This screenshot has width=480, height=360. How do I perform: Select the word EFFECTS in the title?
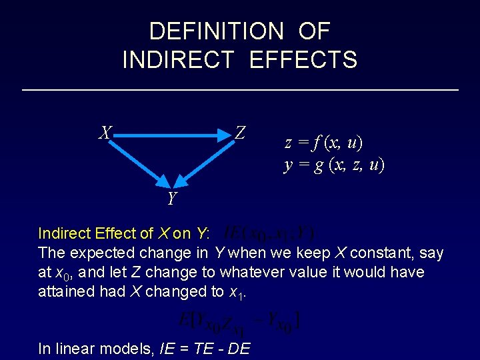pos(303,60)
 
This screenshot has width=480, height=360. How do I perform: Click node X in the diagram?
pos(105,133)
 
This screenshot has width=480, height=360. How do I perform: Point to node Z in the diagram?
pos(241,133)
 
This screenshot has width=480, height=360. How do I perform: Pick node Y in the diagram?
pos(172,198)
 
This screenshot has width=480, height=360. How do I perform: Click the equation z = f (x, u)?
pos(324,143)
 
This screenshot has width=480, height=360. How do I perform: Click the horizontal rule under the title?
pos(240,89)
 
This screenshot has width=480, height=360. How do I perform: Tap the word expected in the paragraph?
pos(110,253)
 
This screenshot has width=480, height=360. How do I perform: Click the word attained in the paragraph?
pos(67,292)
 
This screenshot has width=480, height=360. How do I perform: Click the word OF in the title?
pos(314,31)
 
